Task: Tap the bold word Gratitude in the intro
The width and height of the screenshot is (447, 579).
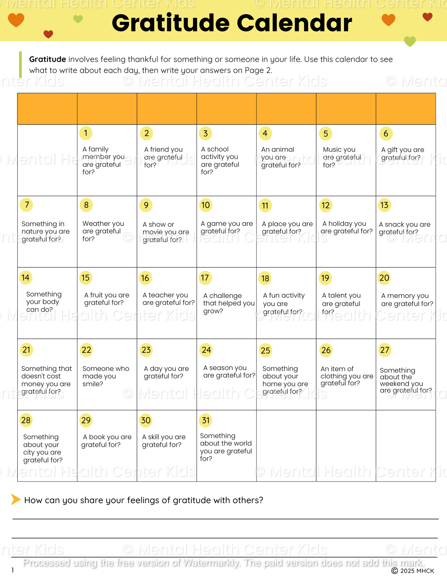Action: pyautogui.click(x=48, y=59)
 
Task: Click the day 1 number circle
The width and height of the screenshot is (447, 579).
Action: pyautogui.click(x=86, y=133)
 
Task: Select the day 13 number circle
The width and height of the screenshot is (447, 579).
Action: pyautogui.click(x=385, y=205)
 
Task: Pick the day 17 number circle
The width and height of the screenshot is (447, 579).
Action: pyautogui.click(x=205, y=278)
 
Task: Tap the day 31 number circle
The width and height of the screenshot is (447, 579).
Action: pyautogui.click(x=206, y=420)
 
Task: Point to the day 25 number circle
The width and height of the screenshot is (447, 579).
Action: pyautogui.click(x=265, y=350)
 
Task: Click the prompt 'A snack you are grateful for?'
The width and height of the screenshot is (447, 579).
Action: pyautogui.click(x=405, y=228)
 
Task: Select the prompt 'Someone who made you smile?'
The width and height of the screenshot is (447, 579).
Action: pyautogui.click(x=105, y=376)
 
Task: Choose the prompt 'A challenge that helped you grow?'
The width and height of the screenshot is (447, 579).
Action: pyautogui.click(x=229, y=303)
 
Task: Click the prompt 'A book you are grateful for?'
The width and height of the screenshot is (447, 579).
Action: pyautogui.click(x=106, y=441)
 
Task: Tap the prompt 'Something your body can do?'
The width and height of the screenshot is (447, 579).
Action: pyautogui.click(x=44, y=302)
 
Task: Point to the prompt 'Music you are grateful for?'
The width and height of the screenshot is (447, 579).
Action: pyautogui.click(x=342, y=157)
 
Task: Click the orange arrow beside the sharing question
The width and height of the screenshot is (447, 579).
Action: pyautogui.click(x=15, y=499)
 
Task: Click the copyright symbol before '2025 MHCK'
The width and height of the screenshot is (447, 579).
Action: pyautogui.click(x=394, y=571)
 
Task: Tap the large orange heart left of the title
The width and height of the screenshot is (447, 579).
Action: pyautogui.click(x=16, y=20)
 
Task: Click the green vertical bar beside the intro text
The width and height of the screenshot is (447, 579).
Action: pyautogui.click(x=20, y=64)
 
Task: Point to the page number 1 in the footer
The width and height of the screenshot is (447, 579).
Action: pyautogui.click(x=13, y=570)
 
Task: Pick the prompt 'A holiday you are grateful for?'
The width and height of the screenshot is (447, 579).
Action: pyautogui.click(x=346, y=227)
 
